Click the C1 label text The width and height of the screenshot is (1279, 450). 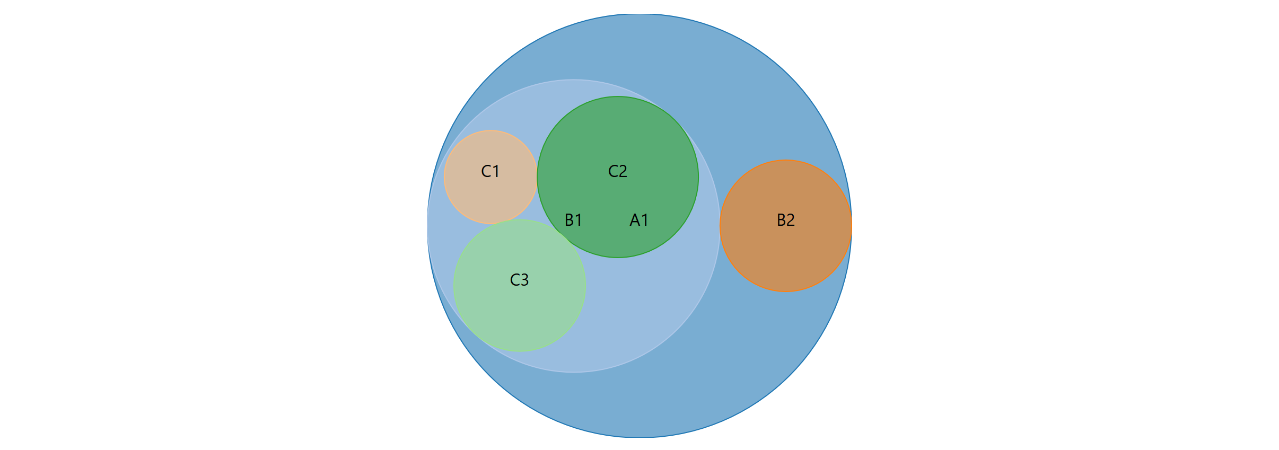(490, 171)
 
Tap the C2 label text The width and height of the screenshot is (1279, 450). (617, 171)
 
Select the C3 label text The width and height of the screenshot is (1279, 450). (519, 280)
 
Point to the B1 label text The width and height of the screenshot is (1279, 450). (573, 220)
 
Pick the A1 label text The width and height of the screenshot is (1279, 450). (639, 220)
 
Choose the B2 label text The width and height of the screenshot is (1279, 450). (785, 220)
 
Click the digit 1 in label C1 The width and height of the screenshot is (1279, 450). (495, 171)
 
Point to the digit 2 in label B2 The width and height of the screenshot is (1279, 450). (791, 220)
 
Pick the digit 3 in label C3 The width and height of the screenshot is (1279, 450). (524, 280)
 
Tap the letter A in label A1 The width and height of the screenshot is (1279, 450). (634, 220)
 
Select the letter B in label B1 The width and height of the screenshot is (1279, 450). (569, 220)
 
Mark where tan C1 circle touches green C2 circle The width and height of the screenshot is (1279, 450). (537, 177)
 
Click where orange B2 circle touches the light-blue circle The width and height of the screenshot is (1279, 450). (720, 226)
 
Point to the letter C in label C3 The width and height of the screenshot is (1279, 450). (514, 280)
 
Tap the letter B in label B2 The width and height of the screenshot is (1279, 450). (781, 220)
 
